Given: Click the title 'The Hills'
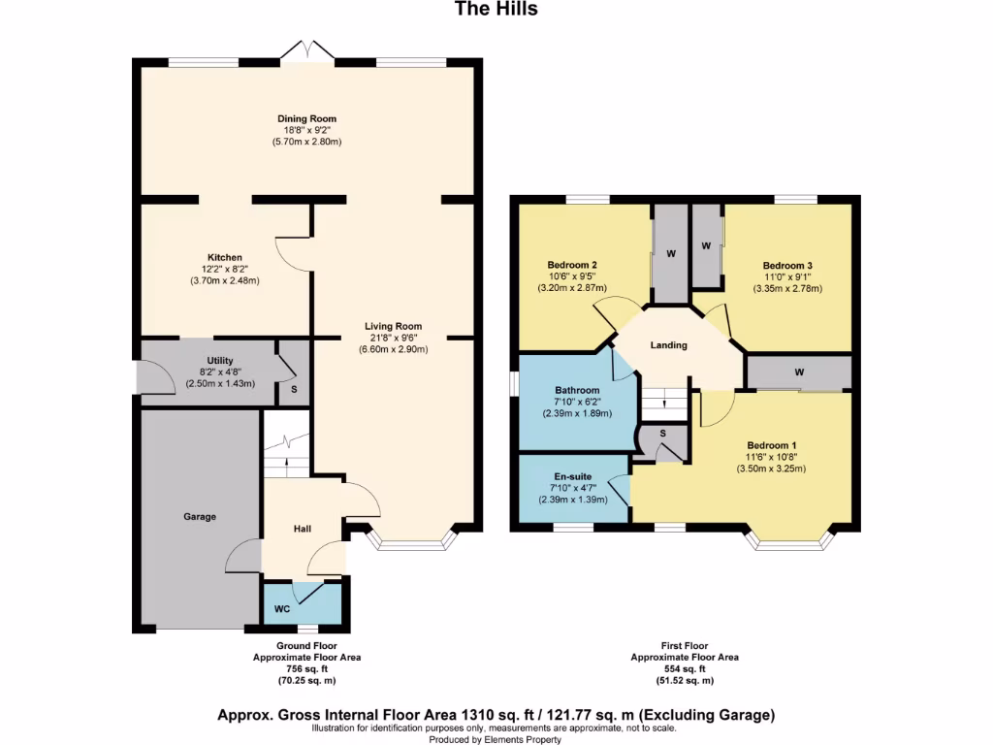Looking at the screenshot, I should [x=496, y=9].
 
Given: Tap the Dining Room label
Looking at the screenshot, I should [x=306, y=118].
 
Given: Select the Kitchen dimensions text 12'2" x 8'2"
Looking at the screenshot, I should [x=225, y=269].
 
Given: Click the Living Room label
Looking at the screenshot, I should [x=393, y=326].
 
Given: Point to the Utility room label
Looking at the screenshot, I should [x=219, y=361].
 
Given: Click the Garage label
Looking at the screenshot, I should [x=200, y=517].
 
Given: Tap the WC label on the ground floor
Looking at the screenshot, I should [x=282, y=609].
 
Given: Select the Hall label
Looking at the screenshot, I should [x=302, y=529].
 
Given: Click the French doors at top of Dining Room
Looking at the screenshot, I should [x=306, y=50].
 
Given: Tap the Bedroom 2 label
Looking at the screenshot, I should [x=571, y=265].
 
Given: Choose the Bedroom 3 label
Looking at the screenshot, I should [x=786, y=265].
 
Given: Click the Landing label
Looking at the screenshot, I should [x=668, y=345].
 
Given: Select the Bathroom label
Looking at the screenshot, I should [x=577, y=390].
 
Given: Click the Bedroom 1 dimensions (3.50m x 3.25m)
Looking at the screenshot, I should [x=771, y=468].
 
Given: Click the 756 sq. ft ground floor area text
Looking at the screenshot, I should [x=306, y=668].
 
